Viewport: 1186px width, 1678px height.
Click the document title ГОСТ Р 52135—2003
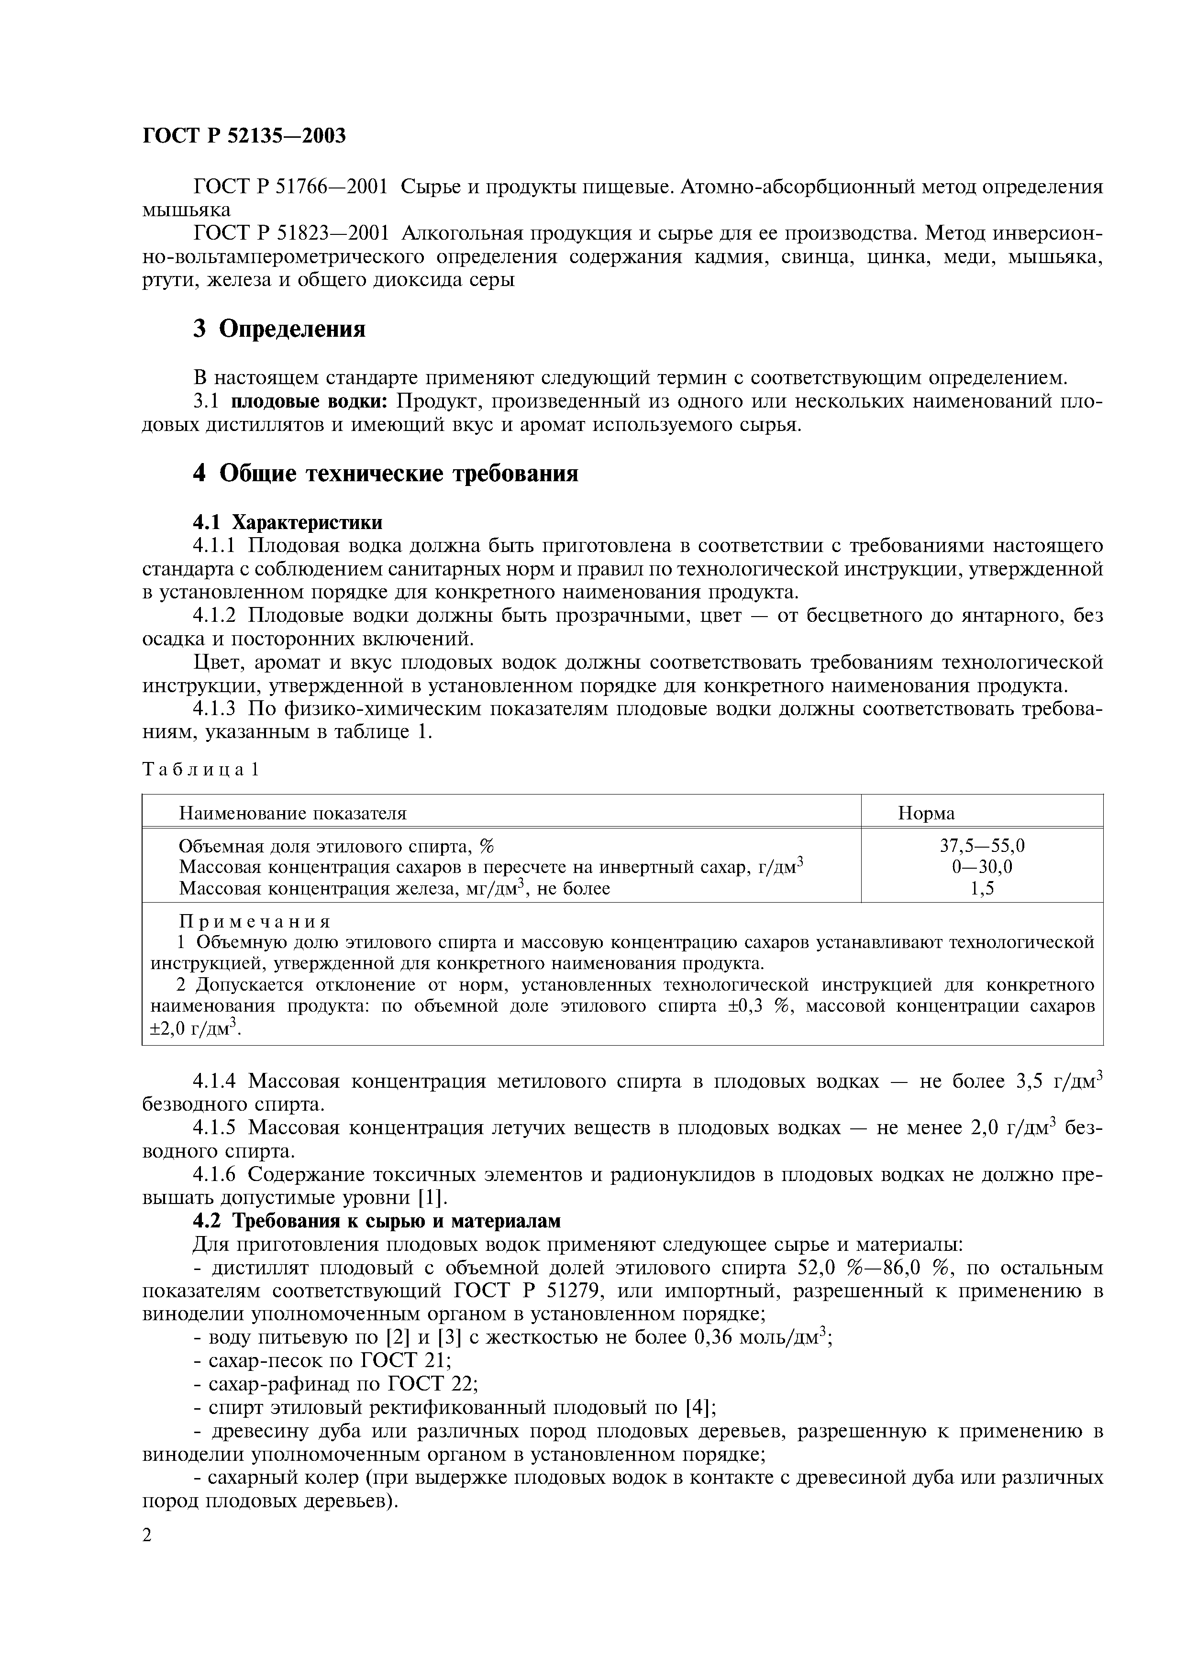coord(244,136)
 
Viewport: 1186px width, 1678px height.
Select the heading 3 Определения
coord(279,329)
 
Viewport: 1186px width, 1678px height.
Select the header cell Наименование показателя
coord(292,814)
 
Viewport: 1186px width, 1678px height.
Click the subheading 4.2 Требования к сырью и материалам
coord(377,1221)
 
